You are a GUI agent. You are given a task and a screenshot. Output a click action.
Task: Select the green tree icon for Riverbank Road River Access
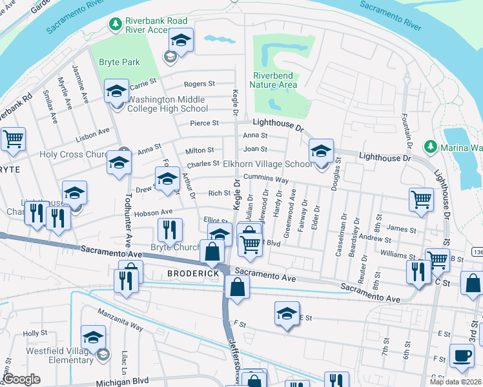[116, 25]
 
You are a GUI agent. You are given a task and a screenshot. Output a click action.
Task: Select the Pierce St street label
[204, 123]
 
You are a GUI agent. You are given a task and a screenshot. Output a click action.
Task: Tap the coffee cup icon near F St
[462, 355]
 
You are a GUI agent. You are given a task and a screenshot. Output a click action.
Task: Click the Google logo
[22, 379]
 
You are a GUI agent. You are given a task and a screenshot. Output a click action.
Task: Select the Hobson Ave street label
[153, 212]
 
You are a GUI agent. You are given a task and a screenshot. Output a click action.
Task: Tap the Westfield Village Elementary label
[60, 355]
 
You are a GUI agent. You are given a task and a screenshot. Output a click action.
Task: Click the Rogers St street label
[200, 84]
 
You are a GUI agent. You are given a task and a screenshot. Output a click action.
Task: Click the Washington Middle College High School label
[167, 104]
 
